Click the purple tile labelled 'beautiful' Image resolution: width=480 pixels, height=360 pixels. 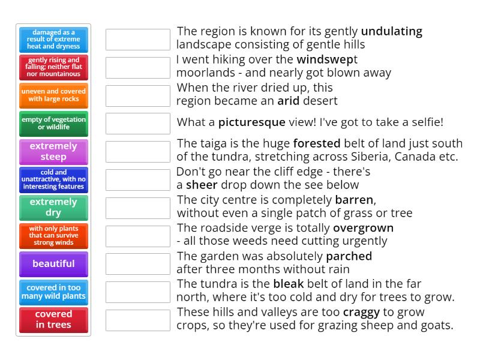tap(53, 264)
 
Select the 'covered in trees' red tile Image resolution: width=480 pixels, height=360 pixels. tap(53, 320)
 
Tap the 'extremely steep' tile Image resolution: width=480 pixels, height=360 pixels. tap(53, 152)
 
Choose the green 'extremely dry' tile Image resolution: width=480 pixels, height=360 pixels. tap(53, 208)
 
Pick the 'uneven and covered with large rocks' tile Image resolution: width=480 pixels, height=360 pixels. tap(53, 95)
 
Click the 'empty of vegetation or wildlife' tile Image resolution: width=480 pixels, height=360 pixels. tap(53, 124)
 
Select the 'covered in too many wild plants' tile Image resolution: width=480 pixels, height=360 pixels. tap(53, 292)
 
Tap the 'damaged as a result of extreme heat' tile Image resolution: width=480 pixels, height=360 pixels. tap(53, 40)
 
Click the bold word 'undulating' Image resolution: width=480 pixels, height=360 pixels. tap(392, 32)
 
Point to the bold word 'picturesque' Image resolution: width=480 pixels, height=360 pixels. tap(251, 122)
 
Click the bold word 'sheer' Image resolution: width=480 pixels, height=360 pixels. tap(202, 185)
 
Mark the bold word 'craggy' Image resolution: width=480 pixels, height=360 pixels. tap(361, 313)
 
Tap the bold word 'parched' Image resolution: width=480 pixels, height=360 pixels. tap(349, 256)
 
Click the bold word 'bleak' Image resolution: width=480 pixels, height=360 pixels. tap(289, 284)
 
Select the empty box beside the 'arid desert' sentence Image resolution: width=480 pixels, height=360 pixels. tap(138, 96)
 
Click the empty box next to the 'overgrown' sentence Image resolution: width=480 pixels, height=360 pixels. tap(138, 236)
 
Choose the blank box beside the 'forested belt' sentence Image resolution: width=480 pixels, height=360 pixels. tap(138, 152)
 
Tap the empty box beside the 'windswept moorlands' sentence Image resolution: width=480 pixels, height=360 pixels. tap(138, 68)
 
